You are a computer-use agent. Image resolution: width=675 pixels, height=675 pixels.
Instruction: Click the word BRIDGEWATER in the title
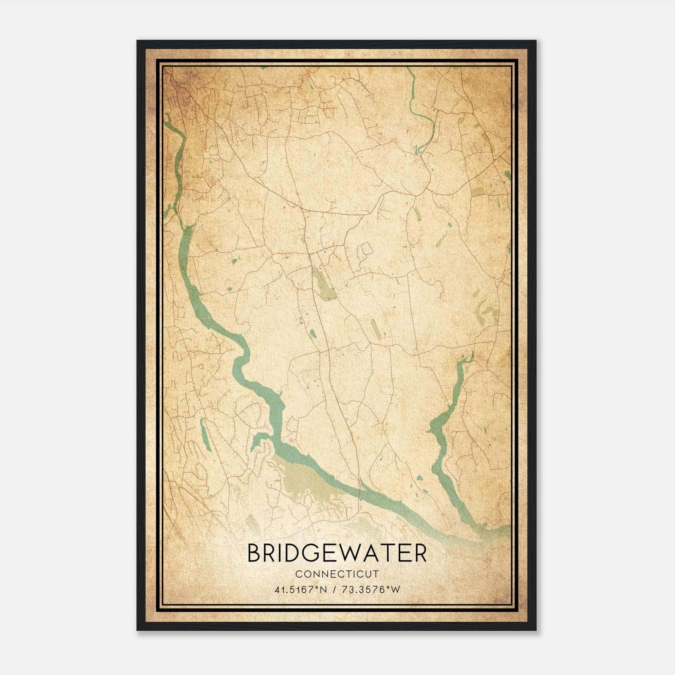[x=337, y=553]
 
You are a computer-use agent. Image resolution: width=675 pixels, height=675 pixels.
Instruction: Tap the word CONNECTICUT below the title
[x=337, y=574]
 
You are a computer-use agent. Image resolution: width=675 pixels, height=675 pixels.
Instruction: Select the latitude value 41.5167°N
[x=300, y=590]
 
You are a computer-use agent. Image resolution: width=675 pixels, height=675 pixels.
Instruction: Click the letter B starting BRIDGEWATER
[x=254, y=553]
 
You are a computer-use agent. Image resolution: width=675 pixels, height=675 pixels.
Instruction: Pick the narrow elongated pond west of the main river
[x=205, y=435]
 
